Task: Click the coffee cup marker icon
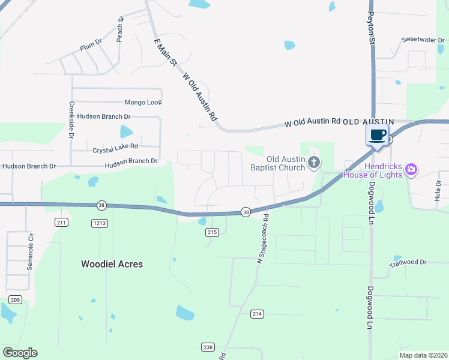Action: pos(378,134)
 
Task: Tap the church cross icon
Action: pos(313,162)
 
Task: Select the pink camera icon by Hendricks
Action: pos(411,169)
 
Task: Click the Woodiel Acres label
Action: pos(112,263)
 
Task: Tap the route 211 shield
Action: pos(61,223)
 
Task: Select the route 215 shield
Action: pos(211,232)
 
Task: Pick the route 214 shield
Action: pos(257,314)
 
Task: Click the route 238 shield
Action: pos(208,347)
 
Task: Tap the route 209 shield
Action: pos(14,299)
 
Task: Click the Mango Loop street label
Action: pos(143,103)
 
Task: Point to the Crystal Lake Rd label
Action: pos(115,146)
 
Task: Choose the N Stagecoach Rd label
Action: pos(262,239)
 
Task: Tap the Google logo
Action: pos(20,353)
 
